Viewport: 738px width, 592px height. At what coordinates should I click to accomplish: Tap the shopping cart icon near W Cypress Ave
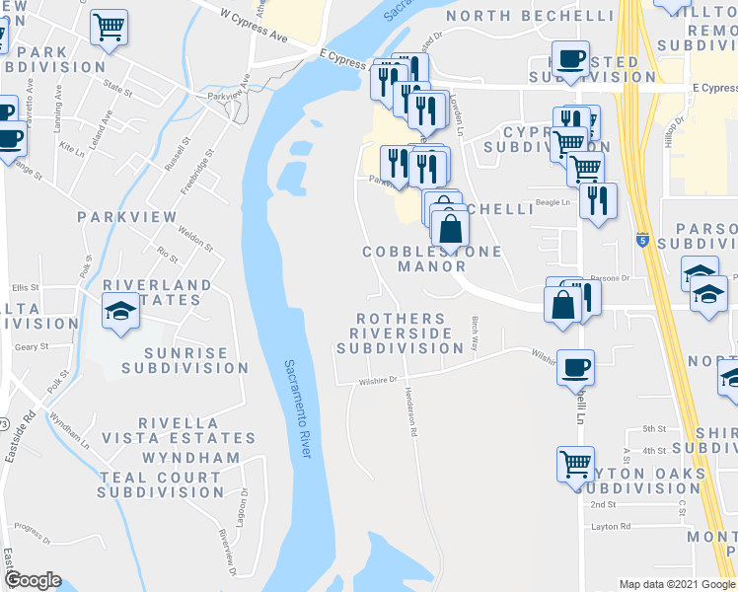109,27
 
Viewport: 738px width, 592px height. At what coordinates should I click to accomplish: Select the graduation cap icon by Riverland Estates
120,312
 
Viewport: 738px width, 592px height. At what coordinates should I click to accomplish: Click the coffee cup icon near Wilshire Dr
575,367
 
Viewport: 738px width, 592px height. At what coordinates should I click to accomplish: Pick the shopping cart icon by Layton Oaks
575,462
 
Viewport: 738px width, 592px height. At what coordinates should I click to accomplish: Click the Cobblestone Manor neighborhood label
432,259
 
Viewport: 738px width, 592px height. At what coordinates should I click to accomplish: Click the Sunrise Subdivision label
185,360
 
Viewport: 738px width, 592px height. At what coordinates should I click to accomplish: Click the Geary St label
32,347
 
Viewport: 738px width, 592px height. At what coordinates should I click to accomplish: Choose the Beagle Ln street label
553,203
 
